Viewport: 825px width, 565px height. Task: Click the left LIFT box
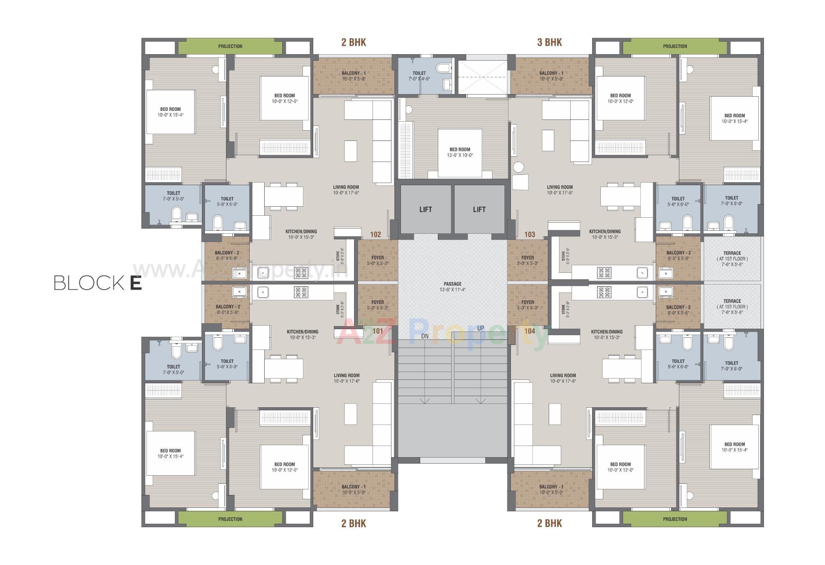click(425, 210)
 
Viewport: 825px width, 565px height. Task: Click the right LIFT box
click(479, 210)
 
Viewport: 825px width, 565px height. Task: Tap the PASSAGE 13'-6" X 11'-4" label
click(452, 287)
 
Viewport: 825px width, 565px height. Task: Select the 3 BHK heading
click(549, 42)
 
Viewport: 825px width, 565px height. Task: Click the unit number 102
click(376, 234)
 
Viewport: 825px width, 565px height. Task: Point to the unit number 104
click(530, 331)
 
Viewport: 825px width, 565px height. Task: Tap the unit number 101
click(378, 331)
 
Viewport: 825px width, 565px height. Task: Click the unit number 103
click(530, 234)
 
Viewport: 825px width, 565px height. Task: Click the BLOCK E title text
click(98, 283)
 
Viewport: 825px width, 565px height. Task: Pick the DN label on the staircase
click(425, 336)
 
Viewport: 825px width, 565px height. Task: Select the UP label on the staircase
click(480, 328)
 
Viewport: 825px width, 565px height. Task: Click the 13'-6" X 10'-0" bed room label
click(460, 152)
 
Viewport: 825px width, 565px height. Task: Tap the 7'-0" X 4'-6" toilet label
click(419, 76)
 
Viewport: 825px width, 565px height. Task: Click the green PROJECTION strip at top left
click(230, 46)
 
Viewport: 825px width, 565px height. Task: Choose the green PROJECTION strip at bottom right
click(675, 519)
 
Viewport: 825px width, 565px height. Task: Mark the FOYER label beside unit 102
click(378, 260)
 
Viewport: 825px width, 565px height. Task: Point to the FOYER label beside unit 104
click(528, 305)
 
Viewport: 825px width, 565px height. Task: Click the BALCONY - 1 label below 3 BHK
click(551, 76)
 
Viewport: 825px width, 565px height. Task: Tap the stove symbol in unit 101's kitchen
click(301, 293)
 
